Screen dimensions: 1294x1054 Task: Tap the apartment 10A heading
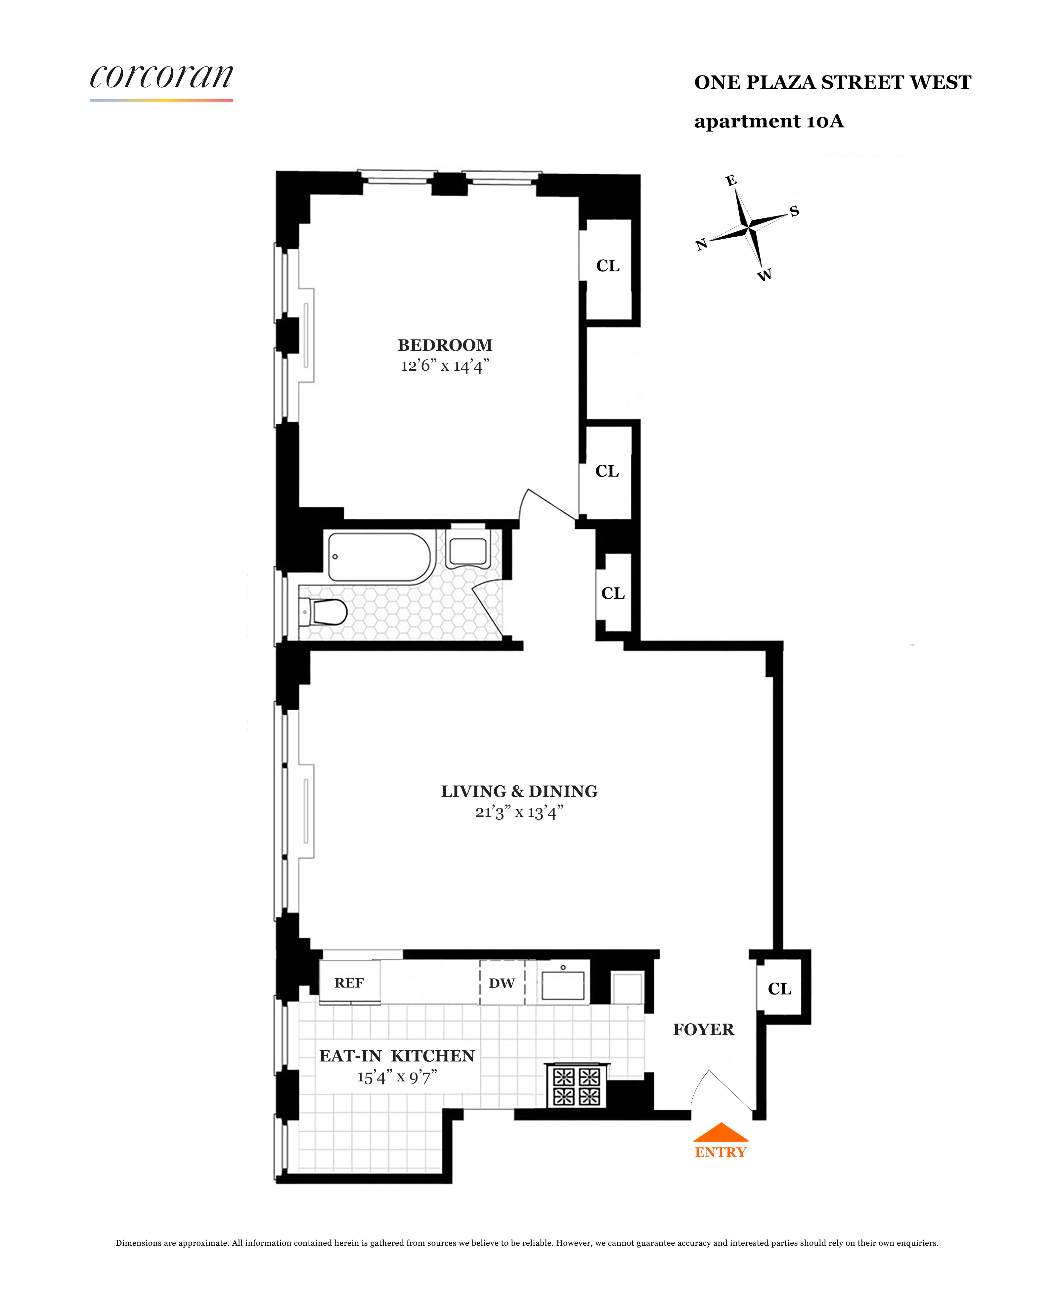click(x=769, y=121)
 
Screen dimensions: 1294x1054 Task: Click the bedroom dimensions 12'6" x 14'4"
click(x=445, y=366)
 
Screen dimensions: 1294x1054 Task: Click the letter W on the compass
click(x=765, y=275)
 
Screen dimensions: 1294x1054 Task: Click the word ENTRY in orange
click(x=721, y=1152)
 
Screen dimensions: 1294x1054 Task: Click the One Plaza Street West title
click(x=832, y=83)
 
